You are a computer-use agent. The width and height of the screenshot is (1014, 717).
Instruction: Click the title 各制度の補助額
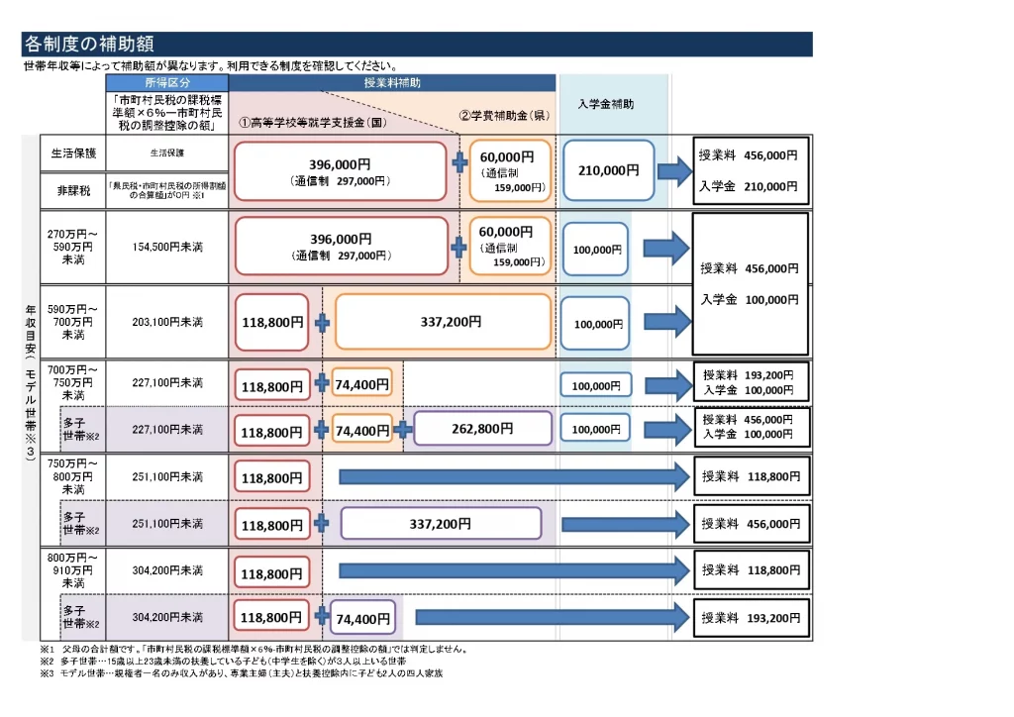[88, 44]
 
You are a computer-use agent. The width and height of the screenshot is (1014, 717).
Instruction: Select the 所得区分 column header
[166, 83]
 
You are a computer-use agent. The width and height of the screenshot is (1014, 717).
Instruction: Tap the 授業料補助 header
[391, 83]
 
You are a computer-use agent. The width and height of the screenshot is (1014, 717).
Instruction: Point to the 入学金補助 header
[606, 103]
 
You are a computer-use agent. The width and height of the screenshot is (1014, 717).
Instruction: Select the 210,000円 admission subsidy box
[608, 170]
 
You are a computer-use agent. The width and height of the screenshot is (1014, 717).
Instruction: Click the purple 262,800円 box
[482, 429]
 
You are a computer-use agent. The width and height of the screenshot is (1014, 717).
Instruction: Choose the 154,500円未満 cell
[166, 248]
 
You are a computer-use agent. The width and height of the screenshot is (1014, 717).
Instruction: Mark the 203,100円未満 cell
[166, 322]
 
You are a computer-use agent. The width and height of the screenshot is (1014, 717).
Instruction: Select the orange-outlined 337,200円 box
[443, 322]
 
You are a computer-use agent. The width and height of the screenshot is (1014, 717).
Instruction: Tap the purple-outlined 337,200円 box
[441, 524]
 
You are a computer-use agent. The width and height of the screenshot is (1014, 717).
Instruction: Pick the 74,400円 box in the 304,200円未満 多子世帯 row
[362, 619]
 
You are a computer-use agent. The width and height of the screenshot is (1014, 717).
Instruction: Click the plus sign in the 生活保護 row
[459, 162]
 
